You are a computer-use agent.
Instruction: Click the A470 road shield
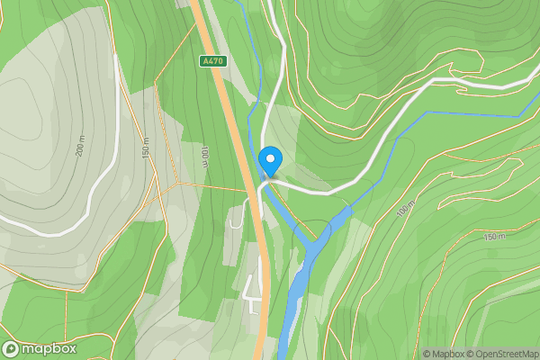[212, 61]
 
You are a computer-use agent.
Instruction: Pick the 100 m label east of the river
[405, 209]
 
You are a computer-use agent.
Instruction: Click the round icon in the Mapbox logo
[11, 348]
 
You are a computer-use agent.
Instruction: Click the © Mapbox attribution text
[443, 354]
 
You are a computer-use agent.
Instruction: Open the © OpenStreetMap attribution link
[501, 354]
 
